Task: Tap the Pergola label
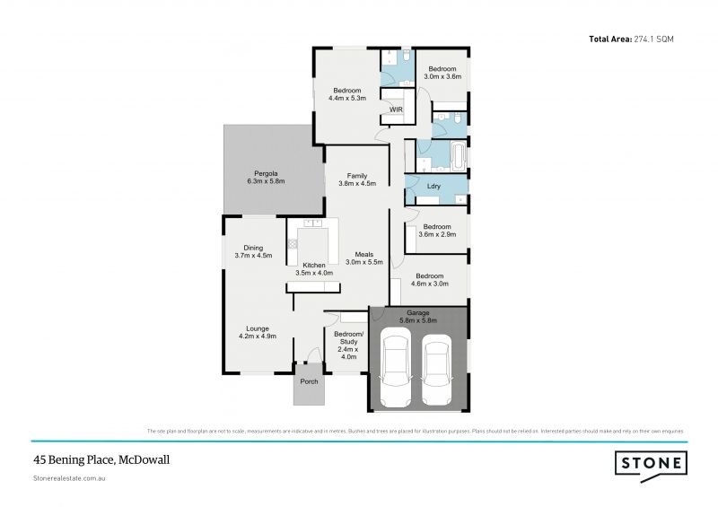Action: (265, 177)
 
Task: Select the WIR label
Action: (396, 109)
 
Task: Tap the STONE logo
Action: (652, 463)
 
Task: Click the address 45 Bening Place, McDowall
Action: (101, 459)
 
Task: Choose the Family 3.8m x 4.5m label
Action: (356, 179)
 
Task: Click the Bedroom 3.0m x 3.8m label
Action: (443, 73)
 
